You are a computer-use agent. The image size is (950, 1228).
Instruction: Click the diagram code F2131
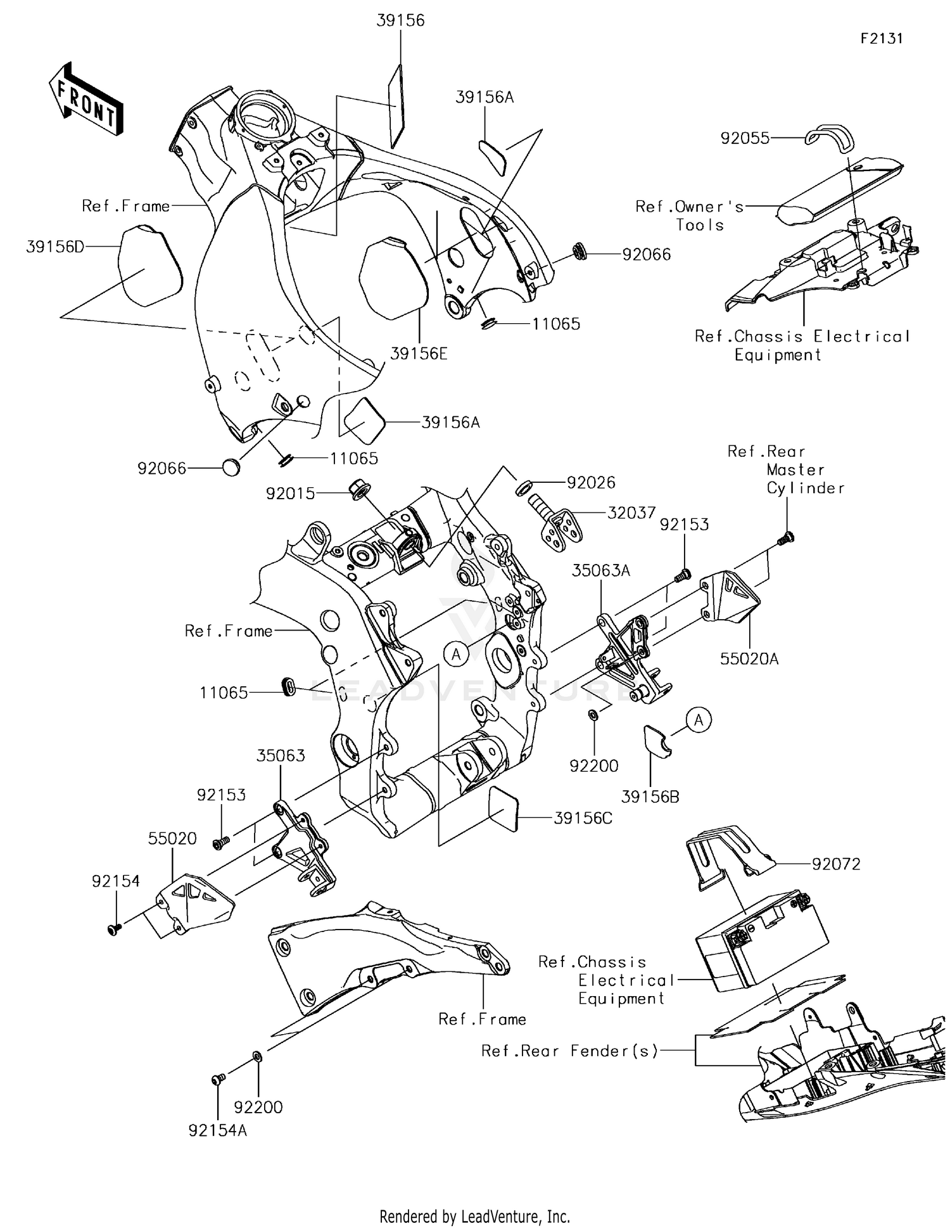(881, 39)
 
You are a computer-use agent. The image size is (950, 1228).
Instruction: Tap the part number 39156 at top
(400, 20)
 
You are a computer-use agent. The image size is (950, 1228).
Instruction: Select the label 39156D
(55, 246)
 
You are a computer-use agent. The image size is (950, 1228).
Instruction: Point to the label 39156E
(419, 354)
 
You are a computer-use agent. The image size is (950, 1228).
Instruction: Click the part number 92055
(745, 138)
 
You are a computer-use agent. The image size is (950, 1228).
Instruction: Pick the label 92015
(290, 494)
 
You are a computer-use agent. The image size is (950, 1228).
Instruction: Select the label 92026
(591, 483)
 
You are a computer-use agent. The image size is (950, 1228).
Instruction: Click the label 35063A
(600, 570)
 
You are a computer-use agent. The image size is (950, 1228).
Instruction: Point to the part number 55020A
(749, 659)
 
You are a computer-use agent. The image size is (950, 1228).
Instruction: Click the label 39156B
(650, 797)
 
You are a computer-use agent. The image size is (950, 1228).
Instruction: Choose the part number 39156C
(583, 818)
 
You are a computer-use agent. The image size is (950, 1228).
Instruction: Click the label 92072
(836, 864)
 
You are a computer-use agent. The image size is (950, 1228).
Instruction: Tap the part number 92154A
(217, 1130)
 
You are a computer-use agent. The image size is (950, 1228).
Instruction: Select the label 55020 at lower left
(172, 838)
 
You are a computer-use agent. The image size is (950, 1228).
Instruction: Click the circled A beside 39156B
(699, 720)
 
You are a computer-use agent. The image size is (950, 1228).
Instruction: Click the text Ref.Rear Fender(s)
(569, 1051)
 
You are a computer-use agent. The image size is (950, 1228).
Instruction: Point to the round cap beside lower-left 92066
(231, 468)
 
